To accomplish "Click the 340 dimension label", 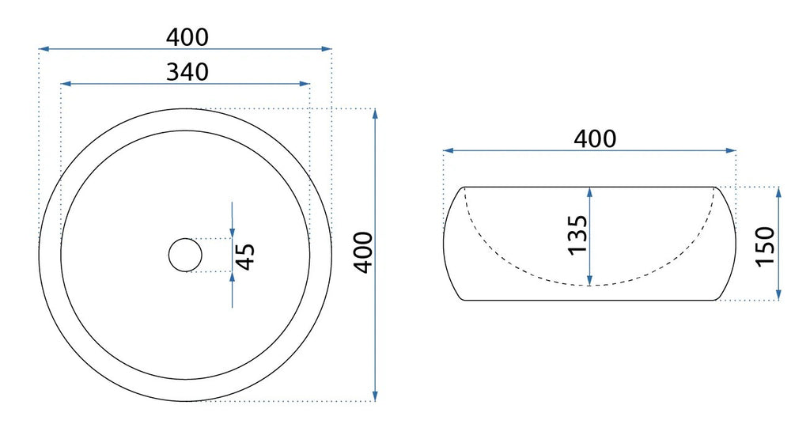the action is click(187, 72).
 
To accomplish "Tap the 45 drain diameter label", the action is click(245, 256).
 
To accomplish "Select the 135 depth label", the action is click(577, 235).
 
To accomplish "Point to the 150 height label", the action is click(766, 246).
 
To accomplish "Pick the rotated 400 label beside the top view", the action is click(363, 252).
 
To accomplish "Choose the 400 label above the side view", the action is click(595, 138).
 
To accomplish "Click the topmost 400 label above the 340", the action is click(187, 37).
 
